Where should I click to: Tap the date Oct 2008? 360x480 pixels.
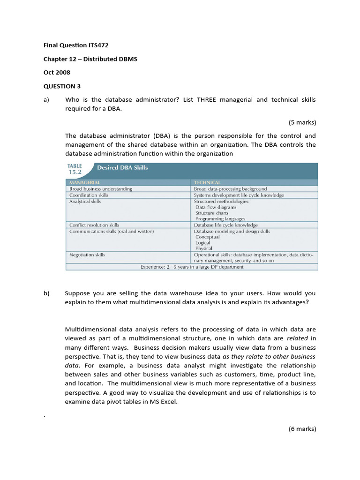(55, 73)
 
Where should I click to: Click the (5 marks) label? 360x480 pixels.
(302, 123)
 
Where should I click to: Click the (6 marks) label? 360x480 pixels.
(302, 428)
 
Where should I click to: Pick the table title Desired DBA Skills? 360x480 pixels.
(122, 167)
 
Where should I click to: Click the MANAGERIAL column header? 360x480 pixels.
(85, 182)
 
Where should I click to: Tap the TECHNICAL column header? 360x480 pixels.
(207, 182)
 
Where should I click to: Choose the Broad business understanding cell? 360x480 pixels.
(101, 189)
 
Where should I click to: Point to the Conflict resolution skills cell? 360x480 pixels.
(94, 225)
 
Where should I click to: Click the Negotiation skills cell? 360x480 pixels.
(87, 255)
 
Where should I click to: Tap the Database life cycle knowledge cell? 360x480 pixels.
(226, 225)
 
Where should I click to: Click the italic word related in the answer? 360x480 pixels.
(300, 338)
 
